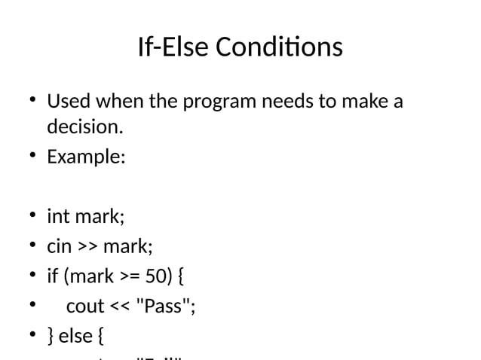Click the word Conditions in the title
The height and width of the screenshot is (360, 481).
280,47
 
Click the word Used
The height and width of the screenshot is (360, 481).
68,101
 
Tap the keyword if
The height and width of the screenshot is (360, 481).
52,276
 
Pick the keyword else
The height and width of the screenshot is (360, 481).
75,336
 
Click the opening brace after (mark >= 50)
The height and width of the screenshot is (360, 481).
183,276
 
